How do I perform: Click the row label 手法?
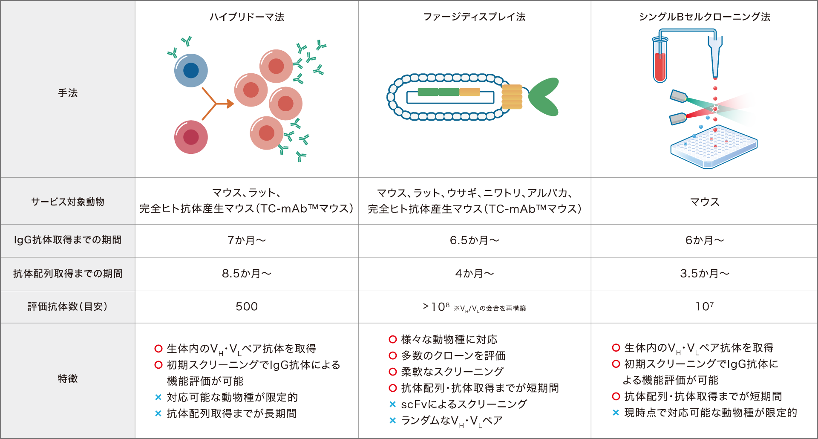(68, 93)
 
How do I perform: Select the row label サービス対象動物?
(68, 202)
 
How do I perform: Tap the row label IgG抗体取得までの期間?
(68, 240)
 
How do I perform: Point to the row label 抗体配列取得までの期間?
(68, 274)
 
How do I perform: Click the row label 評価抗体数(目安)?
(68, 306)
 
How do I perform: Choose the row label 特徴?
(68, 378)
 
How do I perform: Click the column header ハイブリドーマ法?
(247, 17)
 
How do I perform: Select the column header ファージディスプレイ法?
(474, 17)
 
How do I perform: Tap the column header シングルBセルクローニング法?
(704, 17)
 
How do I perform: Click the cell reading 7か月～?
(247, 240)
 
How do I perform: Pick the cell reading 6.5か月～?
(474, 240)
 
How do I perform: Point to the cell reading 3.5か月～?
(704, 274)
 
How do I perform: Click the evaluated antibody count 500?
(247, 306)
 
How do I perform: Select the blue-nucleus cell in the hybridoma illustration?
(191, 70)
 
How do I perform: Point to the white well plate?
(714, 147)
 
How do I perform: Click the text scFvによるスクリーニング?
(464, 404)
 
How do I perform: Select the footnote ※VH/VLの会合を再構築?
(490, 308)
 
